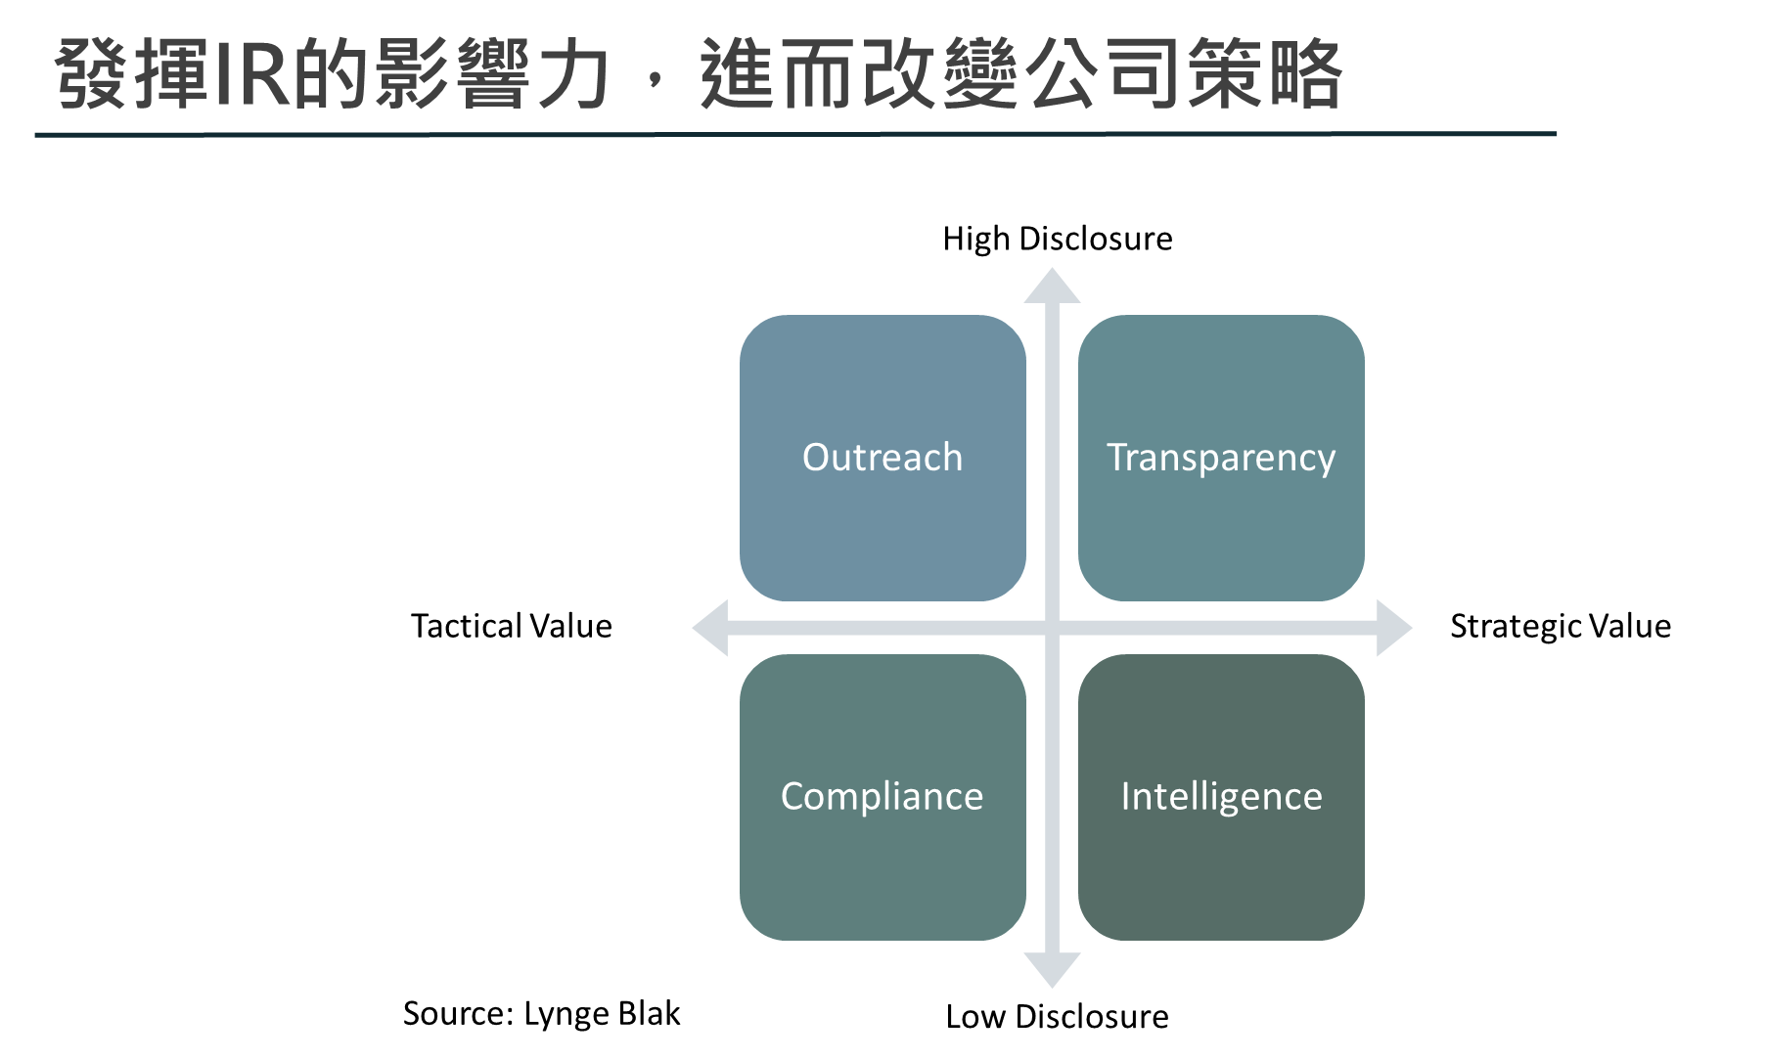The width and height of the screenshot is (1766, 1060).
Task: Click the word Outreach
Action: [x=883, y=458]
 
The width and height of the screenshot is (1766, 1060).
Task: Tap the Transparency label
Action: [x=1221, y=458]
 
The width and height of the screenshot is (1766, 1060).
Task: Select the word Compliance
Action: [x=883, y=796]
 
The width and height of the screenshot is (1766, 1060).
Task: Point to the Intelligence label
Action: [x=1221, y=796]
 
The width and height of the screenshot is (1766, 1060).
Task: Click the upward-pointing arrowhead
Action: [x=1052, y=286]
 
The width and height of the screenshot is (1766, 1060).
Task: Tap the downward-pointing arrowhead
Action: [x=1052, y=970]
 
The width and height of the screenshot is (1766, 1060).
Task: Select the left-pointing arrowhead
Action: [x=710, y=628]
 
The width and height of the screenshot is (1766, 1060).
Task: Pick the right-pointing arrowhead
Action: [x=1393, y=628]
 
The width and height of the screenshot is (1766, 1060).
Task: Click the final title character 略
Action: [x=1303, y=76]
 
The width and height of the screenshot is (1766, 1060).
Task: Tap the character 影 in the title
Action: [x=412, y=76]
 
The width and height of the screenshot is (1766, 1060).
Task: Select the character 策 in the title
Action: [x=1223, y=76]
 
